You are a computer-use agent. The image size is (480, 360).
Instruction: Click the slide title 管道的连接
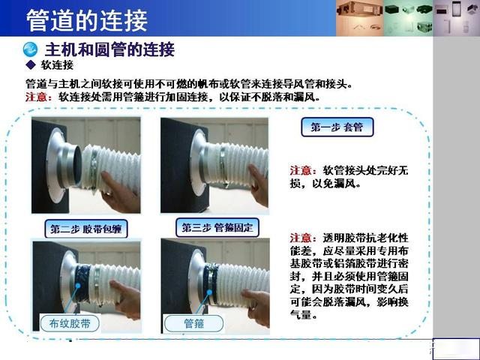point(87,20)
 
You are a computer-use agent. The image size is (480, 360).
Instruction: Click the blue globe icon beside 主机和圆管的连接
point(30,49)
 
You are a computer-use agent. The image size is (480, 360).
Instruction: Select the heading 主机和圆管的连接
point(110,49)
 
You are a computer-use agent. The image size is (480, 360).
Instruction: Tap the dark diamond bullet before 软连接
point(31,64)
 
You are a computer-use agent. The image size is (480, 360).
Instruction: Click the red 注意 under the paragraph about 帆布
point(36,97)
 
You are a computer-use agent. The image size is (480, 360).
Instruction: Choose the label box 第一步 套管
point(337,127)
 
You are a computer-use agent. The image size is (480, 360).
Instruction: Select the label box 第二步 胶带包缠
point(86,229)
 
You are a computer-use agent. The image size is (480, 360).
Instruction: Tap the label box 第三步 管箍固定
point(217,227)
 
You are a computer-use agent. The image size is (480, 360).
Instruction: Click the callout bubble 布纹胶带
point(70,323)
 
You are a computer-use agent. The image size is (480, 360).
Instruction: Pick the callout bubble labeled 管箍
point(193,323)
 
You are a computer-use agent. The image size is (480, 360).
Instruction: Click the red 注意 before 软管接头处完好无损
point(301,170)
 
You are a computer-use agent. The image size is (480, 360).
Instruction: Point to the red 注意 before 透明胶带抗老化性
point(301,238)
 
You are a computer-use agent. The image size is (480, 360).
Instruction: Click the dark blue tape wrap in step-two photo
point(82,283)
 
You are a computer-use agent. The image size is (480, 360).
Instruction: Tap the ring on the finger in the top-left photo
point(109,193)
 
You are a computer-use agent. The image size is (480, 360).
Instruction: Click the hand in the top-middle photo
point(259,185)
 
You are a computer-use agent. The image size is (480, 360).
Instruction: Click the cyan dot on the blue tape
point(78,286)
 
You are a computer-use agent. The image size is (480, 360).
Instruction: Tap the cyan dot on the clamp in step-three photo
point(209,292)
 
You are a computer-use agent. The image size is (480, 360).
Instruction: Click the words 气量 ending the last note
point(301,314)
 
